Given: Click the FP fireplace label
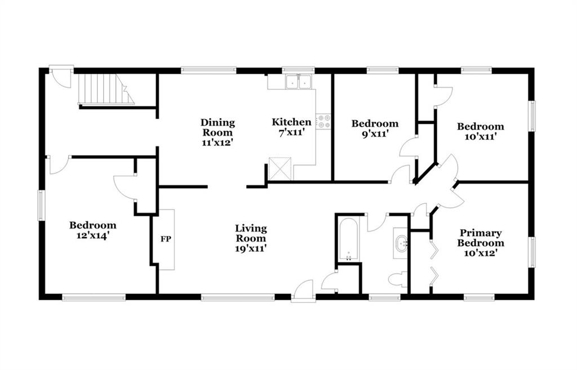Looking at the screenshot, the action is (166, 239).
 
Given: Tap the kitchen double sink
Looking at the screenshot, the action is (299, 82).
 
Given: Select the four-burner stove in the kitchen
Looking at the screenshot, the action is (324, 122).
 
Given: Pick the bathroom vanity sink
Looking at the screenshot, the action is (401, 244).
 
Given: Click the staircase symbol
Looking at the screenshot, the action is (106, 90).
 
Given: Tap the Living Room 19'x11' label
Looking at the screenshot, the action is (251, 238).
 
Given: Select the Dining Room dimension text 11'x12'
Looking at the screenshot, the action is (218, 142).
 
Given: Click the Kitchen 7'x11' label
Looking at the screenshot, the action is (291, 127).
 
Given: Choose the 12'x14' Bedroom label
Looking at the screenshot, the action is (93, 230).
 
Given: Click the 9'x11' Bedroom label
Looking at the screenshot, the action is (375, 128).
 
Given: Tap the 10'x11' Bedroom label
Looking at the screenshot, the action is (481, 131).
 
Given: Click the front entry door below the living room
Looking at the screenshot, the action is (303, 291).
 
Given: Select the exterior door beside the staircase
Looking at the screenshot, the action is (61, 77).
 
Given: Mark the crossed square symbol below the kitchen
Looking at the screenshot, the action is (281, 169).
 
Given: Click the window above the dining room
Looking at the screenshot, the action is (208, 70).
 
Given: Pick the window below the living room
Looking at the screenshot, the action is (238, 297).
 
